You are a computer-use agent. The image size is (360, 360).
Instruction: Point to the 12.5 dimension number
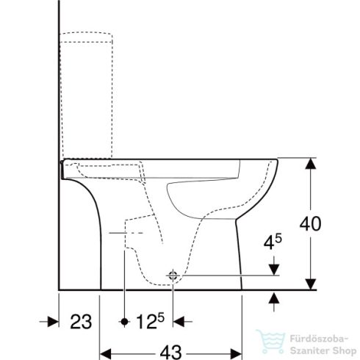click(x=151, y=321)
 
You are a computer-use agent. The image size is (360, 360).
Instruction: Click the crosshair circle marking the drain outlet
click(x=173, y=276)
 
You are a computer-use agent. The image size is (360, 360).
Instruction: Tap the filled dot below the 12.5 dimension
click(x=126, y=321)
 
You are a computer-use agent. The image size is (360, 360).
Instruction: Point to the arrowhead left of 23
click(x=54, y=321)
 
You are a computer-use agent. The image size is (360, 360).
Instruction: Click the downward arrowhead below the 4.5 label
click(x=275, y=269)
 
